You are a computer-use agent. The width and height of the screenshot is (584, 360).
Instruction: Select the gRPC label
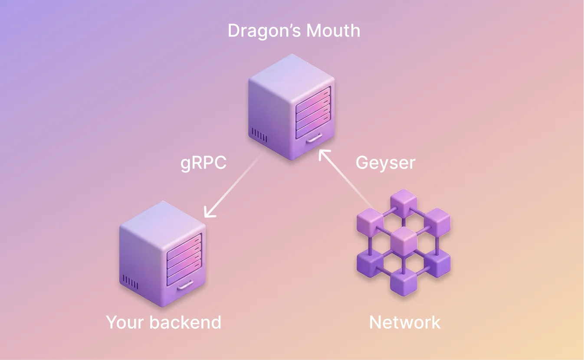203,164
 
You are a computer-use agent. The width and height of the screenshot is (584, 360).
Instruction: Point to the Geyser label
385,163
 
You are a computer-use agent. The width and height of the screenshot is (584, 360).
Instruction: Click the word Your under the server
125,322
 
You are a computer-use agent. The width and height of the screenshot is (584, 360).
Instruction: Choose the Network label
405,322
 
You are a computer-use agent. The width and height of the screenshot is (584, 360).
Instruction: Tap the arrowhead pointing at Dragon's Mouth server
323,154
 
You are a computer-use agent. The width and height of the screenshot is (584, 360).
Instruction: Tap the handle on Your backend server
186,286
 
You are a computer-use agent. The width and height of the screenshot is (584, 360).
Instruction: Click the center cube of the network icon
404,241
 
